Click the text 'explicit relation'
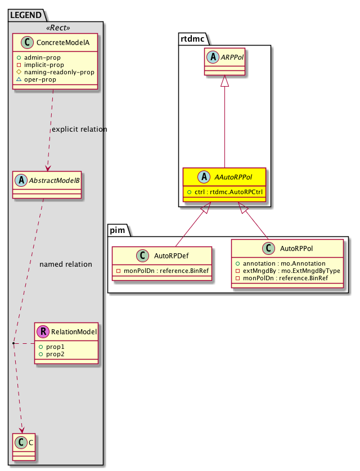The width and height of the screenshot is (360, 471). tap(79, 129)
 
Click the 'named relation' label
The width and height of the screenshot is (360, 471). tap(66, 264)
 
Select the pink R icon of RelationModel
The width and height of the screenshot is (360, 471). tap(43, 332)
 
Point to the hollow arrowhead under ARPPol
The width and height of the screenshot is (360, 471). tap(224, 82)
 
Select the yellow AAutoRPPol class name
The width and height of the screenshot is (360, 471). tap(229, 177)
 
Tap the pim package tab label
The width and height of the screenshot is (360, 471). tap(119, 230)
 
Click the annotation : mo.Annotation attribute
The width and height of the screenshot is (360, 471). tap(282, 263)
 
